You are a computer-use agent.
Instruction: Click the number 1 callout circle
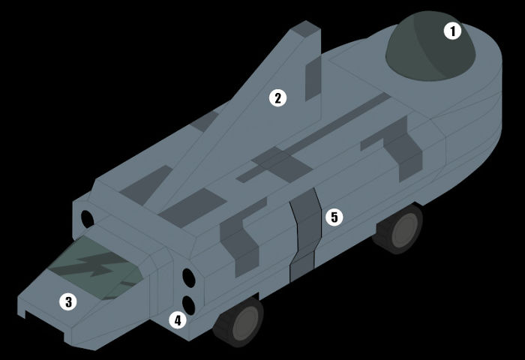click(x=452, y=31)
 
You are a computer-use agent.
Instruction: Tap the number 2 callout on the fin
click(x=278, y=98)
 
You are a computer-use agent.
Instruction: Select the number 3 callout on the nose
click(x=68, y=301)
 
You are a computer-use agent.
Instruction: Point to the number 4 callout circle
click(x=178, y=320)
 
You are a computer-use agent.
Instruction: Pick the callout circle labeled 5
click(x=334, y=217)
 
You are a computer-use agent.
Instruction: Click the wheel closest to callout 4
click(x=238, y=322)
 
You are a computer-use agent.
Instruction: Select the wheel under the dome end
click(x=398, y=229)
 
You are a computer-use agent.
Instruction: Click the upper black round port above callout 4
click(x=189, y=277)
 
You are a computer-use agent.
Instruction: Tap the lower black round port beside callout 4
click(x=188, y=305)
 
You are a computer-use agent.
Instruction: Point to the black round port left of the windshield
click(x=88, y=219)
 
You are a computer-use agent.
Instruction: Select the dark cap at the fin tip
click(x=305, y=28)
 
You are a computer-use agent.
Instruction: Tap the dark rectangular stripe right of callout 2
click(x=313, y=79)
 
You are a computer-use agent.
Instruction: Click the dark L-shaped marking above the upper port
click(x=241, y=236)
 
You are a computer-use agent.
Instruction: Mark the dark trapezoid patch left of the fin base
click(x=146, y=185)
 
